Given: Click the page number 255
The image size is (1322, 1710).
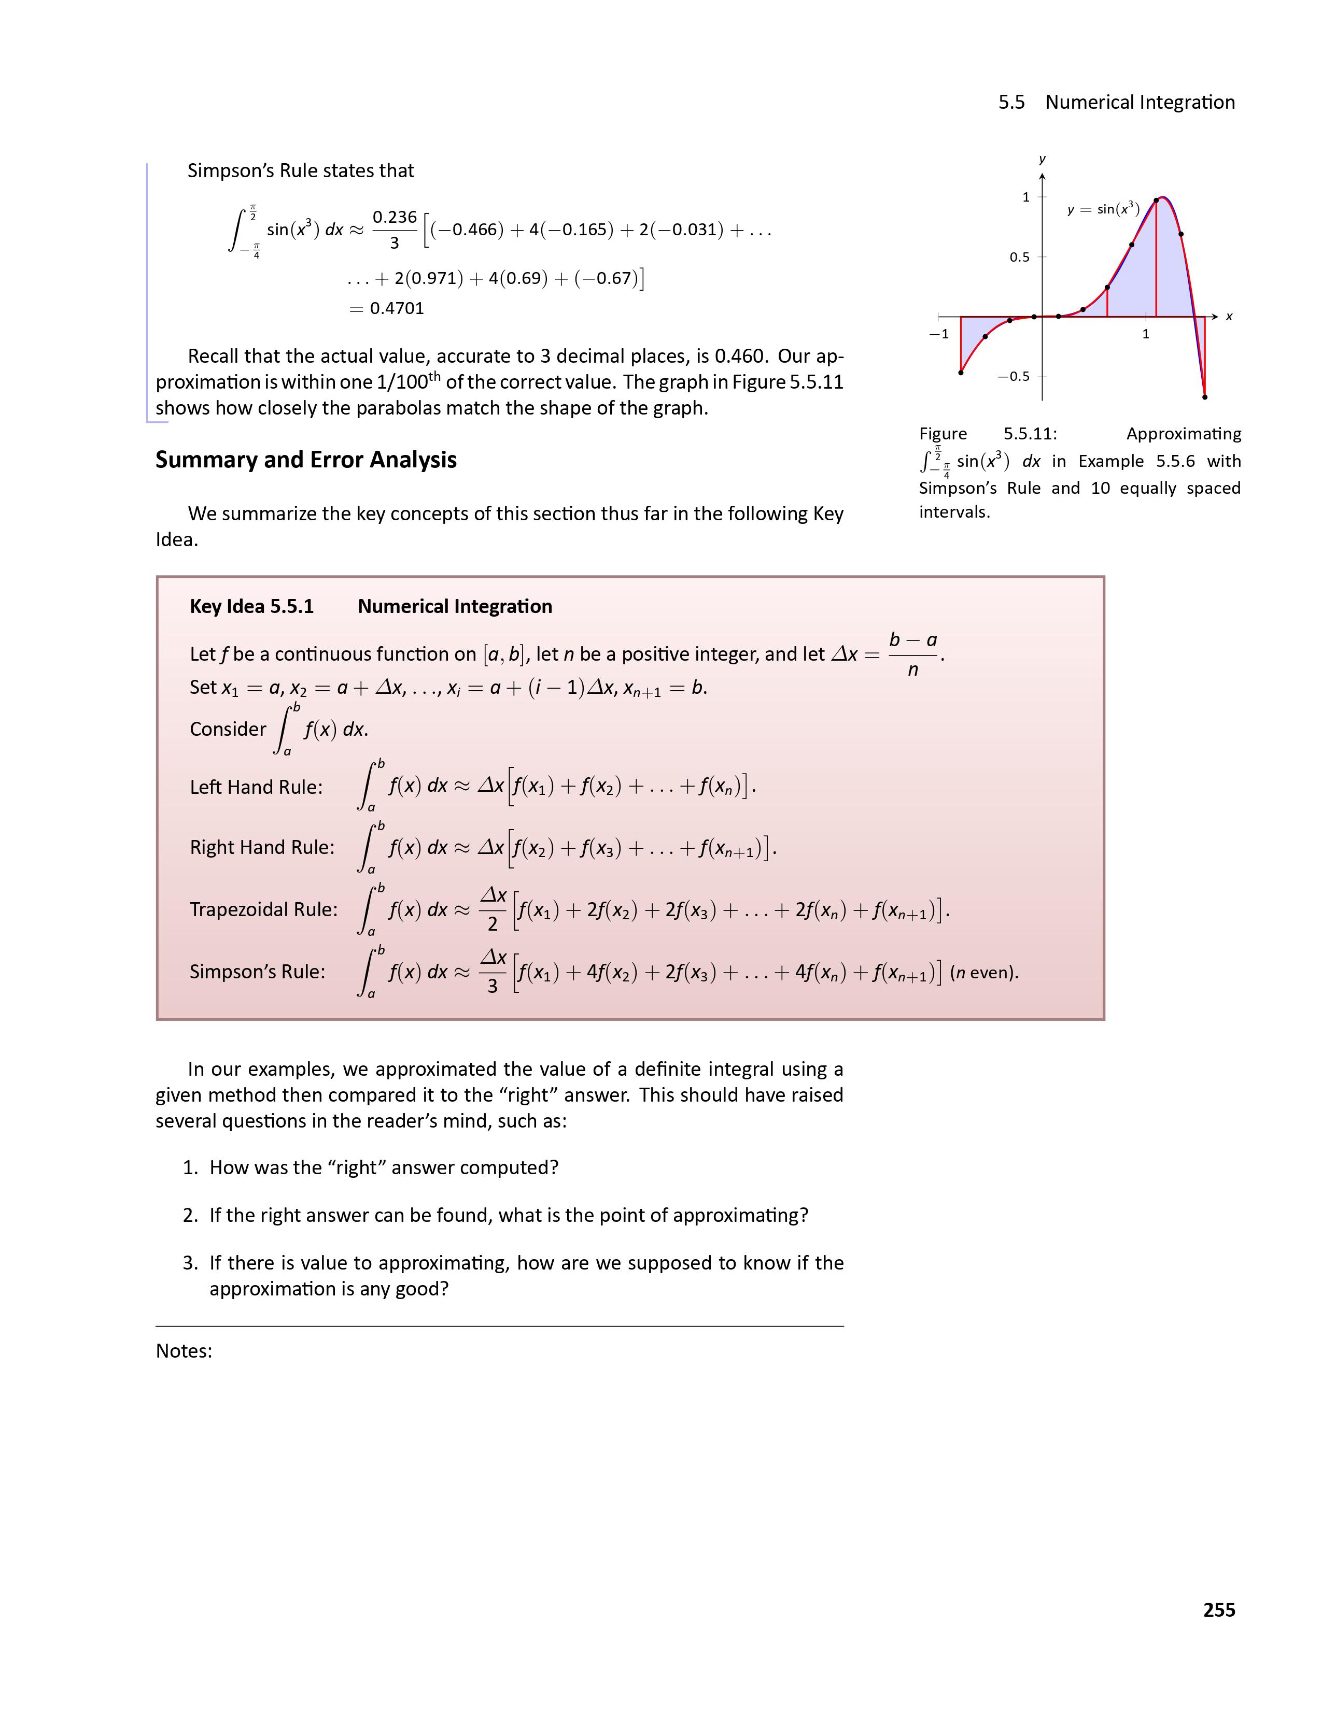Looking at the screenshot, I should click(1219, 1610).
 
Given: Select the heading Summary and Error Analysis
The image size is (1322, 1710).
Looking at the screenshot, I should click(305, 460).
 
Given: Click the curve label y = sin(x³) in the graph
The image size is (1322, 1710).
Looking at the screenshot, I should click(1103, 209).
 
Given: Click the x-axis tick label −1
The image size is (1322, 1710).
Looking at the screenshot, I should click(938, 334).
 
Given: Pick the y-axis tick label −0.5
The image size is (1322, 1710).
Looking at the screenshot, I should click(1014, 377).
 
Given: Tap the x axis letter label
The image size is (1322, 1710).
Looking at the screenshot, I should click(1229, 317).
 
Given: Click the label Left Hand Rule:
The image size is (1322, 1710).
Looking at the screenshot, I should click(256, 787).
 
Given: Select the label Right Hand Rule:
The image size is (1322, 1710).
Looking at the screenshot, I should click(262, 847).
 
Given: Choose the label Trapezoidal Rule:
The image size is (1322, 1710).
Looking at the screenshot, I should click(264, 909).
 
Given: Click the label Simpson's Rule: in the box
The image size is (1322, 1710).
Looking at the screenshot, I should click(257, 972).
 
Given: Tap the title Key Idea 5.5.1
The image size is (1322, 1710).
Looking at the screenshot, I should click(251, 607).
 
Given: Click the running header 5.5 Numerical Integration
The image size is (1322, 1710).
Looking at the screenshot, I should click(1116, 103).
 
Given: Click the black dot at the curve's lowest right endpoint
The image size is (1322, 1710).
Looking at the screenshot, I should click(1204, 397).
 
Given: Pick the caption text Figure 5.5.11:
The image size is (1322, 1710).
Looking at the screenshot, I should click(988, 434).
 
